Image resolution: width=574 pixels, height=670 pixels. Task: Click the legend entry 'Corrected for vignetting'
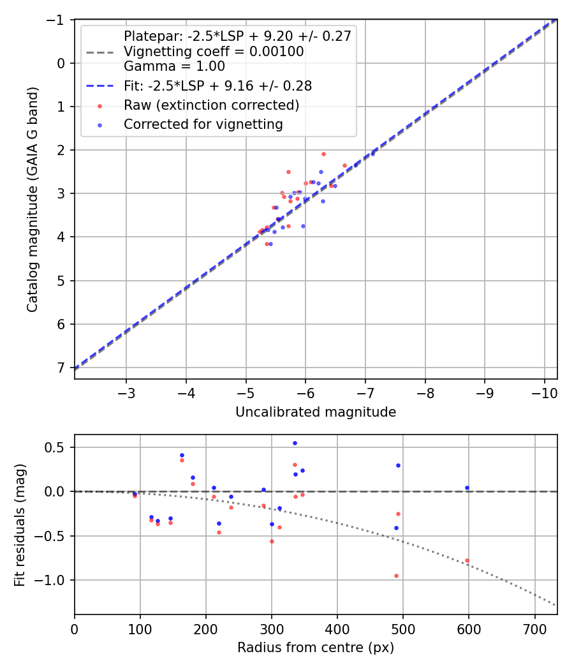pyautogui.click(x=203, y=124)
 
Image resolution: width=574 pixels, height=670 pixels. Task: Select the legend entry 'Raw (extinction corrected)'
pyautogui.click(x=211, y=105)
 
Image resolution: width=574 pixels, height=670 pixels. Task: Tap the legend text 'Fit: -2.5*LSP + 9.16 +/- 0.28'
pyautogui.click(x=217, y=86)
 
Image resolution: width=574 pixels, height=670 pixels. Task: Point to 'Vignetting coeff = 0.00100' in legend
pyautogui.click(x=214, y=51)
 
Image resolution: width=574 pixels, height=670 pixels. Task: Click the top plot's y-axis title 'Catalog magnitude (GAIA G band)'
pyautogui.click(x=32, y=199)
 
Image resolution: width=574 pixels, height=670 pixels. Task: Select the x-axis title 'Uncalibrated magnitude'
pyautogui.click(x=316, y=412)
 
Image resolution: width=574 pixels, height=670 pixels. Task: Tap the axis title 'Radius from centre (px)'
pyautogui.click(x=316, y=648)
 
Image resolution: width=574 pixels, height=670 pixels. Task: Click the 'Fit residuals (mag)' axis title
pyautogui.click(x=19, y=524)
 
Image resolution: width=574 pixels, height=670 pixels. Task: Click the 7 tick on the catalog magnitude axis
pyautogui.click(x=61, y=368)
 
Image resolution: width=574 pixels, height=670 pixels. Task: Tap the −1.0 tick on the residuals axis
pyautogui.click(x=56, y=580)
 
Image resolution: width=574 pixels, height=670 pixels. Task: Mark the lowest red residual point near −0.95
pyautogui.click(x=396, y=576)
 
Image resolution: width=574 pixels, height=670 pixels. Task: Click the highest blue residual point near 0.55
pyautogui.click(x=295, y=443)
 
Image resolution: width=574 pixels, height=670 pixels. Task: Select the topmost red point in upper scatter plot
pyautogui.click(x=323, y=154)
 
